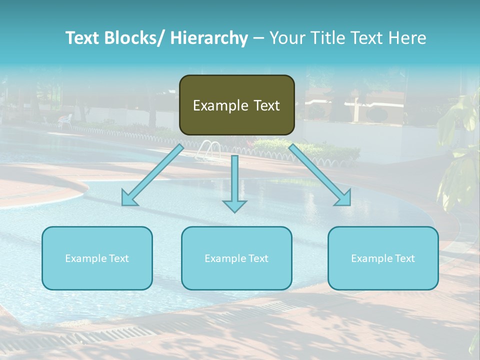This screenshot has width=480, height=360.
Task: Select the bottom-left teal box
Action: [97, 258]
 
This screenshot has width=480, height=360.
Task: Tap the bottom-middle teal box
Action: [236, 258]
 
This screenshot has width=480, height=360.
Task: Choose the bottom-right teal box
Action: [383, 258]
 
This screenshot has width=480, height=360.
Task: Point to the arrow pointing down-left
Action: [153, 175]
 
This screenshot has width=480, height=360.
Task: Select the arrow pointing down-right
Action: [320, 175]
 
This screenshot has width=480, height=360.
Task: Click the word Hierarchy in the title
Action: [209, 38]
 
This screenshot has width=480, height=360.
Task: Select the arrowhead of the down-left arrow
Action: [129, 198]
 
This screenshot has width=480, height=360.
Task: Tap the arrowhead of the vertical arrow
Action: [234, 205]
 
